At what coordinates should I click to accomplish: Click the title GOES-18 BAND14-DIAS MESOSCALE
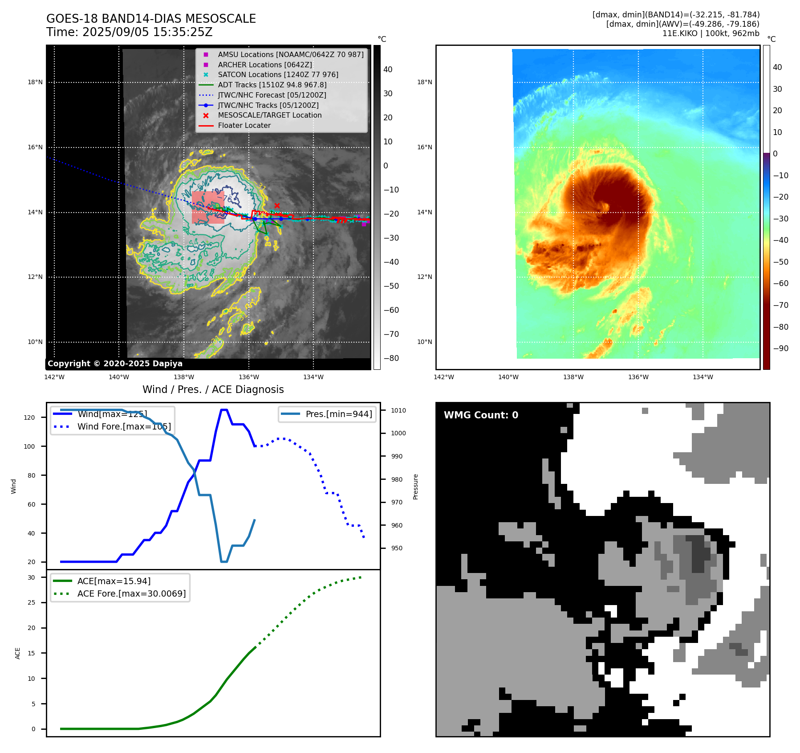coord(151,19)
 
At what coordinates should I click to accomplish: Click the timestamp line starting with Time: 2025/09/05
coord(129,33)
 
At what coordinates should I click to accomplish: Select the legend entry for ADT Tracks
coord(272,85)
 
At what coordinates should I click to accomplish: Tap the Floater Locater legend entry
coord(244,126)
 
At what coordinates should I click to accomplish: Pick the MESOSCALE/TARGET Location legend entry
coord(269,115)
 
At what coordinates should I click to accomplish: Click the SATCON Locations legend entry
coord(278,75)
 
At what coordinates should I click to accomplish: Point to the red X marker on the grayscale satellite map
coord(277,205)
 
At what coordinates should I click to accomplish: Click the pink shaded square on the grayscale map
coord(208,208)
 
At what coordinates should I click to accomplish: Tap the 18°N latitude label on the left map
coord(35,82)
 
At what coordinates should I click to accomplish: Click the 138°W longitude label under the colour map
coord(573,377)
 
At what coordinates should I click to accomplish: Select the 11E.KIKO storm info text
coord(711,33)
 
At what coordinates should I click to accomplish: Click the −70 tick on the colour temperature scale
coord(780,305)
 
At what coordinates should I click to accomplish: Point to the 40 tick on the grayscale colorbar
coord(388,70)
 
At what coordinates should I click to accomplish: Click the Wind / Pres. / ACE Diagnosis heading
coord(213,389)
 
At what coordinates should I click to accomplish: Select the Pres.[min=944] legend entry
coord(338,414)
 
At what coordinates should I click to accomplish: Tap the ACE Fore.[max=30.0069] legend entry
coord(131,593)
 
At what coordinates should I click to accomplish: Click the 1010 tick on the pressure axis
coord(398,410)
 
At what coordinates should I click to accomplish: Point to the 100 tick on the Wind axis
coord(29,446)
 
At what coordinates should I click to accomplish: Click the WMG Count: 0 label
coord(481,415)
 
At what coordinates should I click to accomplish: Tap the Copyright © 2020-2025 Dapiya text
coord(115,364)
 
